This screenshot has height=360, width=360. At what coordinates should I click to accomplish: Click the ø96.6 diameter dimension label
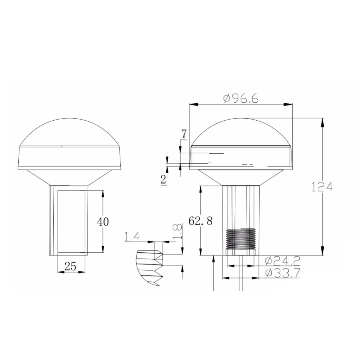(241, 98)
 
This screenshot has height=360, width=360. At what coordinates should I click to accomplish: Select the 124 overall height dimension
(322, 187)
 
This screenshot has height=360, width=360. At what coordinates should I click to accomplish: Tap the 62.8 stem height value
(200, 221)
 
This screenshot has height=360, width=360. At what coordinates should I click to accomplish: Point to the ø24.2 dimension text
(283, 261)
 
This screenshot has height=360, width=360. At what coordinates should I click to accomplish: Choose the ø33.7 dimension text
(283, 273)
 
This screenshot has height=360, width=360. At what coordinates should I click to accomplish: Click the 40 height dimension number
(103, 222)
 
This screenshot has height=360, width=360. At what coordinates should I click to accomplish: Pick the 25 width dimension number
(70, 266)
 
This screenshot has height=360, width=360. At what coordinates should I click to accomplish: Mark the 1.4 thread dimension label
(132, 236)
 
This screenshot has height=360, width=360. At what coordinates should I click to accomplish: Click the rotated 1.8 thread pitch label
(178, 232)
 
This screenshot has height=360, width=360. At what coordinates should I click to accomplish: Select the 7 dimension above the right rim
(184, 134)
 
